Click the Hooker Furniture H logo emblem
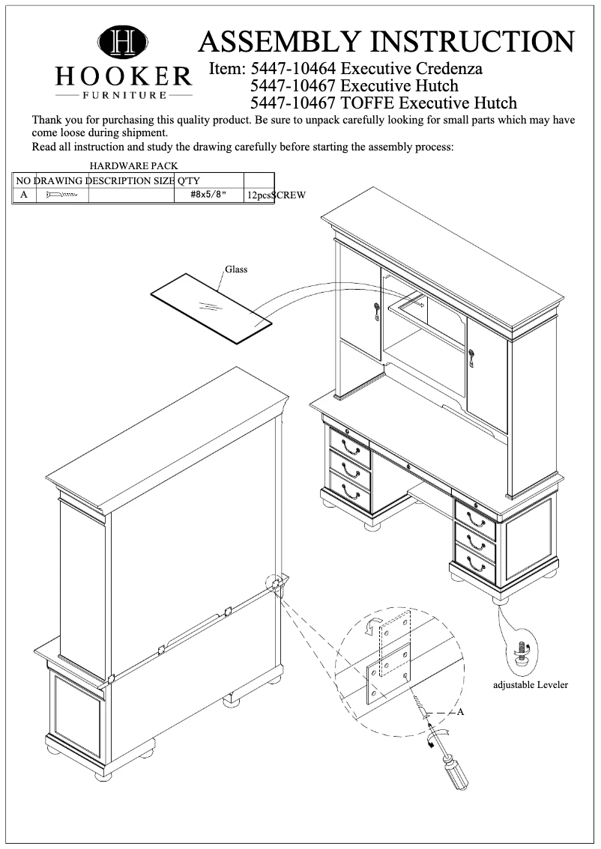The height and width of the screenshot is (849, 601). point(123,41)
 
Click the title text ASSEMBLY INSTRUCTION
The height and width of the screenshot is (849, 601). point(386,40)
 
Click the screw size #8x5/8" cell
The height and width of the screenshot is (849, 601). point(208,195)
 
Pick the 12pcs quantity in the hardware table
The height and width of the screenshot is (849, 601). point(258,195)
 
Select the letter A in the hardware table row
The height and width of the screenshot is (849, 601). point(24,195)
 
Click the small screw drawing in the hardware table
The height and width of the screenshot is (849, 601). point(61,195)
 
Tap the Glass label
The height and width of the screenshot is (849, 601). point(236,270)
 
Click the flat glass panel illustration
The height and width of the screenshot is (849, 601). point(210,307)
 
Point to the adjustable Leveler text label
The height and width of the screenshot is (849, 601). point(531,684)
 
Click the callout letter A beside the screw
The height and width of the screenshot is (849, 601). point(461,712)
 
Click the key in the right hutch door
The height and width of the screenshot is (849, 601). point(471,358)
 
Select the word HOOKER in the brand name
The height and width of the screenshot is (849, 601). point(124,76)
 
